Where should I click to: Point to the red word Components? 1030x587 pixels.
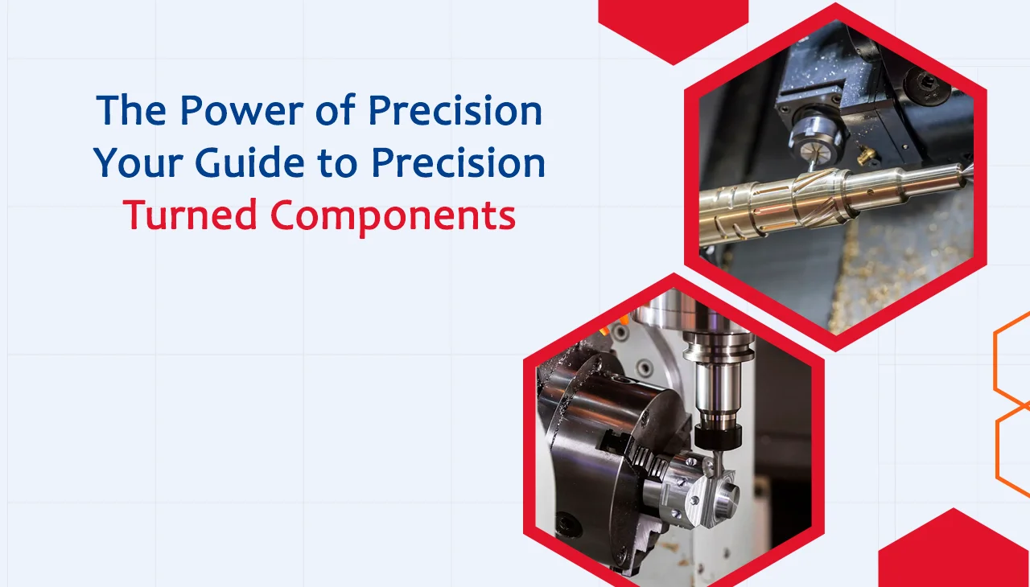coord(393,215)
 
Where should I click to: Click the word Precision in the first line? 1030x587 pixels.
coord(455,111)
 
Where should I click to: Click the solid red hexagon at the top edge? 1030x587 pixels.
coord(673,24)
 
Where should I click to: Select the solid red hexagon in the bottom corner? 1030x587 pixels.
coord(954,555)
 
